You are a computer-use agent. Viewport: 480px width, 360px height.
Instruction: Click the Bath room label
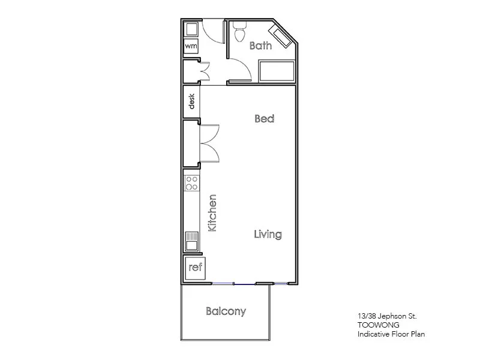point(260,46)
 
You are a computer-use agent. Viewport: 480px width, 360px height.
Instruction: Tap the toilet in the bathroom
point(240,31)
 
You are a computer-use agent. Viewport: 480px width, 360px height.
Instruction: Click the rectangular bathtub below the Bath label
point(276,71)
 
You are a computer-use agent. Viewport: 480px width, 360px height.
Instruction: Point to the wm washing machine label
point(191,46)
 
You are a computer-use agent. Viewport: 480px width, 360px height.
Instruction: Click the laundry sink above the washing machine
point(191,29)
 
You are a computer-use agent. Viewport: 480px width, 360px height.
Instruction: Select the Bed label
point(264,119)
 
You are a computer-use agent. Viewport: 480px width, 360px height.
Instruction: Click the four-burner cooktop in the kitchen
point(192,182)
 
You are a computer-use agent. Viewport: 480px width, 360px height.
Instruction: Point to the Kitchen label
point(211,213)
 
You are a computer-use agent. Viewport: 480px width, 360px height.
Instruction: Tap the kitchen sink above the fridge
point(192,241)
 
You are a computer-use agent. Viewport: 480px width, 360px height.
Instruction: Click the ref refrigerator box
point(195,268)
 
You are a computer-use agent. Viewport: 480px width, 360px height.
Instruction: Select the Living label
point(267,234)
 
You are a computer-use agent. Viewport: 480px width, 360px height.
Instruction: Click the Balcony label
point(226,311)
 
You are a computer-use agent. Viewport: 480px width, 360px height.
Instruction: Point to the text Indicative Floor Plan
point(391,334)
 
